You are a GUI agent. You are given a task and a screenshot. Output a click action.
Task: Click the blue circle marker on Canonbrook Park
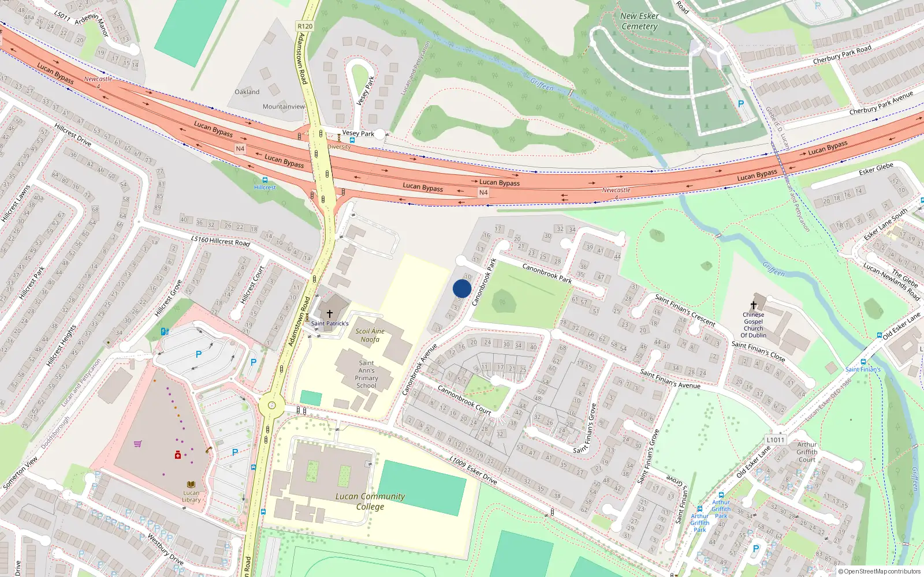point(462,288)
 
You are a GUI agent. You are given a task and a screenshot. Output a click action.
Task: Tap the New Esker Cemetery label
point(639,21)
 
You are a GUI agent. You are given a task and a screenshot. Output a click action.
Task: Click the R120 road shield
point(305,26)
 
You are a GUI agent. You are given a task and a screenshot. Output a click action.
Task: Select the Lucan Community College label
point(370,501)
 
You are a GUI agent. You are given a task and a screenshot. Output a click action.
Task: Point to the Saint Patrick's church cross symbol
point(329,314)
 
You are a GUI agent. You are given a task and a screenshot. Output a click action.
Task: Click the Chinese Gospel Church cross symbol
point(753,305)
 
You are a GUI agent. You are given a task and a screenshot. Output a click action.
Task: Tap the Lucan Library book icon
point(191,485)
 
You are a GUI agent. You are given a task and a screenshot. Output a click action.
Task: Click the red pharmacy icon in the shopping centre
point(178,455)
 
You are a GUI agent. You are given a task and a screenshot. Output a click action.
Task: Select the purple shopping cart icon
point(138,444)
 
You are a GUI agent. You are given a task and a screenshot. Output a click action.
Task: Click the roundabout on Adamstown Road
point(271,406)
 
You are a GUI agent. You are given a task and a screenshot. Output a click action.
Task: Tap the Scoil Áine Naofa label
point(370,335)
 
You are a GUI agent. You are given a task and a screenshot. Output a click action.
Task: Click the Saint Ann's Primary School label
point(366,374)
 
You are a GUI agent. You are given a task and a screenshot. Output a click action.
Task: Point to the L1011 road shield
point(776,440)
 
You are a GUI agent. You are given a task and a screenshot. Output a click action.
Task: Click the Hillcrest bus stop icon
point(265,180)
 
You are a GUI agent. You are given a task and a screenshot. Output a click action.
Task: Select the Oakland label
point(247,92)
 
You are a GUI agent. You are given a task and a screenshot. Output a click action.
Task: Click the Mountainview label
point(284,107)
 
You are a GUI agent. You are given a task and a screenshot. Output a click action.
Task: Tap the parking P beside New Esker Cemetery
point(741,104)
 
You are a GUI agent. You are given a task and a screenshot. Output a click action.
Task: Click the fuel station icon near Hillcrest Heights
point(165,331)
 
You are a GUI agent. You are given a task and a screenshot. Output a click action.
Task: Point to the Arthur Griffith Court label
point(807,452)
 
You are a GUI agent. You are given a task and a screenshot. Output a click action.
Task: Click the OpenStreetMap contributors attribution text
point(879,571)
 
